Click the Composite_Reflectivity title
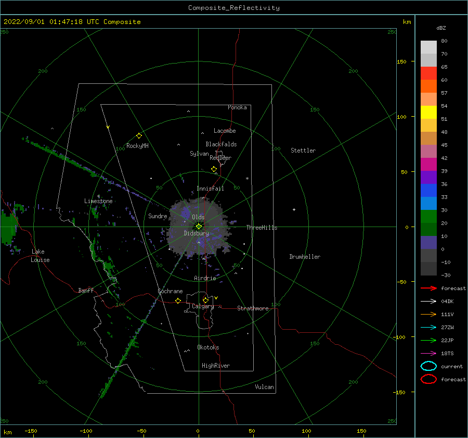(x=233, y=8)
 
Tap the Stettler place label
(x=303, y=151)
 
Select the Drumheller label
(x=305, y=257)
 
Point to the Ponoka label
(x=237, y=107)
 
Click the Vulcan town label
(x=264, y=387)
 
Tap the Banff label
(x=86, y=290)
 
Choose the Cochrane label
(x=170, y=291)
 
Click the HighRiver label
(x=216, y=366)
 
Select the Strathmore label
(x=253, y=308)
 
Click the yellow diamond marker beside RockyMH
(x=139, y=136)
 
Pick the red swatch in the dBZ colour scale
(x=428, y=73)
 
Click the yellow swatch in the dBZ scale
(x=428, y=112)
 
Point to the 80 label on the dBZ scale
(x=444, y=41)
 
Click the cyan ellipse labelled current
(x=428, y=366)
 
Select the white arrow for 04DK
(x=428, y=301)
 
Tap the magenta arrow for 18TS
(x=428, y=353)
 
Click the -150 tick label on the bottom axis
(x=31, y=431)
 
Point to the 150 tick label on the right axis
(x=401, y=61)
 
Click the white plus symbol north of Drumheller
(x=294, y=209)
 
